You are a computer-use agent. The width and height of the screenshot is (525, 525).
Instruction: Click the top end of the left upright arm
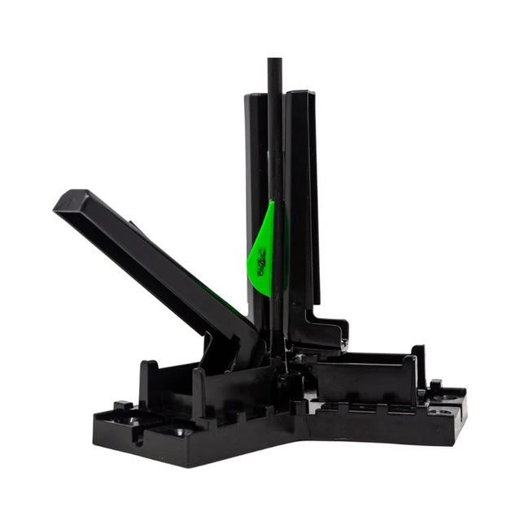click(256, 98)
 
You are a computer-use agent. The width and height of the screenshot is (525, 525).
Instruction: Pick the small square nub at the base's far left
click(123, 405)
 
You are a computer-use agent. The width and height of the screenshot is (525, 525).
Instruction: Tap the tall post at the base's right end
click(418, 365)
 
